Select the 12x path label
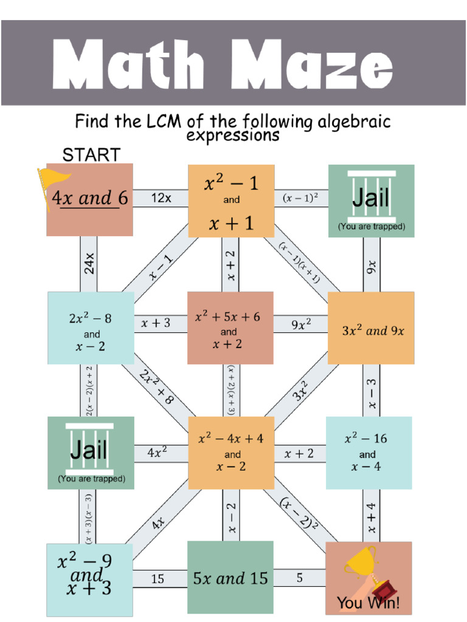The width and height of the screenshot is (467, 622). point(161,198)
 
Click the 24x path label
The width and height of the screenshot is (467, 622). point(89,264)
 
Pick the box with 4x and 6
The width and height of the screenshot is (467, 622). point(90,199)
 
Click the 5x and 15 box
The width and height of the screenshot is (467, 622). point(230,578)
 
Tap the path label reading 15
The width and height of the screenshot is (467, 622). point(157,579)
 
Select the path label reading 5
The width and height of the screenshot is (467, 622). point(300,578)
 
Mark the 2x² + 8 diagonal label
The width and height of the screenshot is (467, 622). point(156,387)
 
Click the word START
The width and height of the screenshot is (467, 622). point(91,155)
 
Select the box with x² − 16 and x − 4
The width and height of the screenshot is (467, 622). point(368,453)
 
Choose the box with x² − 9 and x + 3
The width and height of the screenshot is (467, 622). point(89,578)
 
